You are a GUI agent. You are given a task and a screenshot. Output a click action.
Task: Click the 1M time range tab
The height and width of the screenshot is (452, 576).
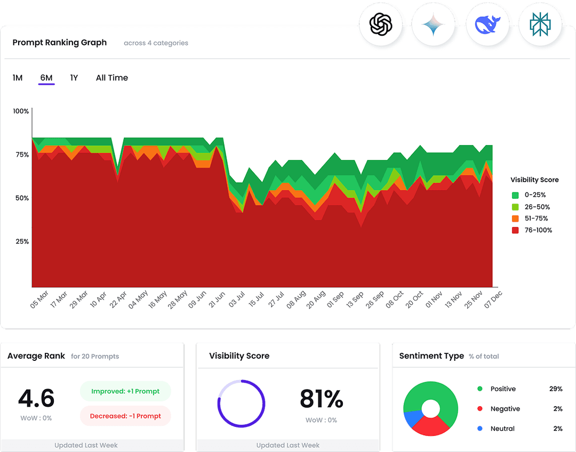click(18, 78)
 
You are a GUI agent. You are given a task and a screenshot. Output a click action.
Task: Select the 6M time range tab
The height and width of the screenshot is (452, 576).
click(46, 78)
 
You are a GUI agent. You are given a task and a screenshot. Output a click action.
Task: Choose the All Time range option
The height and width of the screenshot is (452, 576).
click(112, 78)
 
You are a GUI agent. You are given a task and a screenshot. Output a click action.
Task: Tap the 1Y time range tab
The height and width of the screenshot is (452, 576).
click(74, 78)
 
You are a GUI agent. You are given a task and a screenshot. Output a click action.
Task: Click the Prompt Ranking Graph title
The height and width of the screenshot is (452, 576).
click(60, 43)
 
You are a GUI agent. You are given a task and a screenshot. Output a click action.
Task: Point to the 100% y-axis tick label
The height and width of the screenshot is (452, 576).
click(21, 111)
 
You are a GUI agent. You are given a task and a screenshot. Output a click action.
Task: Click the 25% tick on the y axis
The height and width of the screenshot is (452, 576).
click(22, 241)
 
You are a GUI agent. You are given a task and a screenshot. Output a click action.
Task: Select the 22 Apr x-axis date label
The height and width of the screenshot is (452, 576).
click(118, 300)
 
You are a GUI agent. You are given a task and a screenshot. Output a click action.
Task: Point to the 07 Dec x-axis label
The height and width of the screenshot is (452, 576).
click(493, 300)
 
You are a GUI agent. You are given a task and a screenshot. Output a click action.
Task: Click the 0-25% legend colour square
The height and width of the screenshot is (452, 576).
click(515, 195)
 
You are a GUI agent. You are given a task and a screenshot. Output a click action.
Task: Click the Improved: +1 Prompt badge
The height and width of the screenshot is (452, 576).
click(125, 391)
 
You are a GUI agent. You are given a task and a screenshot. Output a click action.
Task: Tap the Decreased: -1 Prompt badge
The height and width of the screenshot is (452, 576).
click(125, 416)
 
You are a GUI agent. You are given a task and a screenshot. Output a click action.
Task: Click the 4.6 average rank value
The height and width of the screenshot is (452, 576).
click(36, 398)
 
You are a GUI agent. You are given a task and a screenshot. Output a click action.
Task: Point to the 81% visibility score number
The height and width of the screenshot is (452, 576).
click(321, 398)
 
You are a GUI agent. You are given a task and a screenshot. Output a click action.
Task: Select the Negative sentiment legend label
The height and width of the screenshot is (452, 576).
click(505, 409)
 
